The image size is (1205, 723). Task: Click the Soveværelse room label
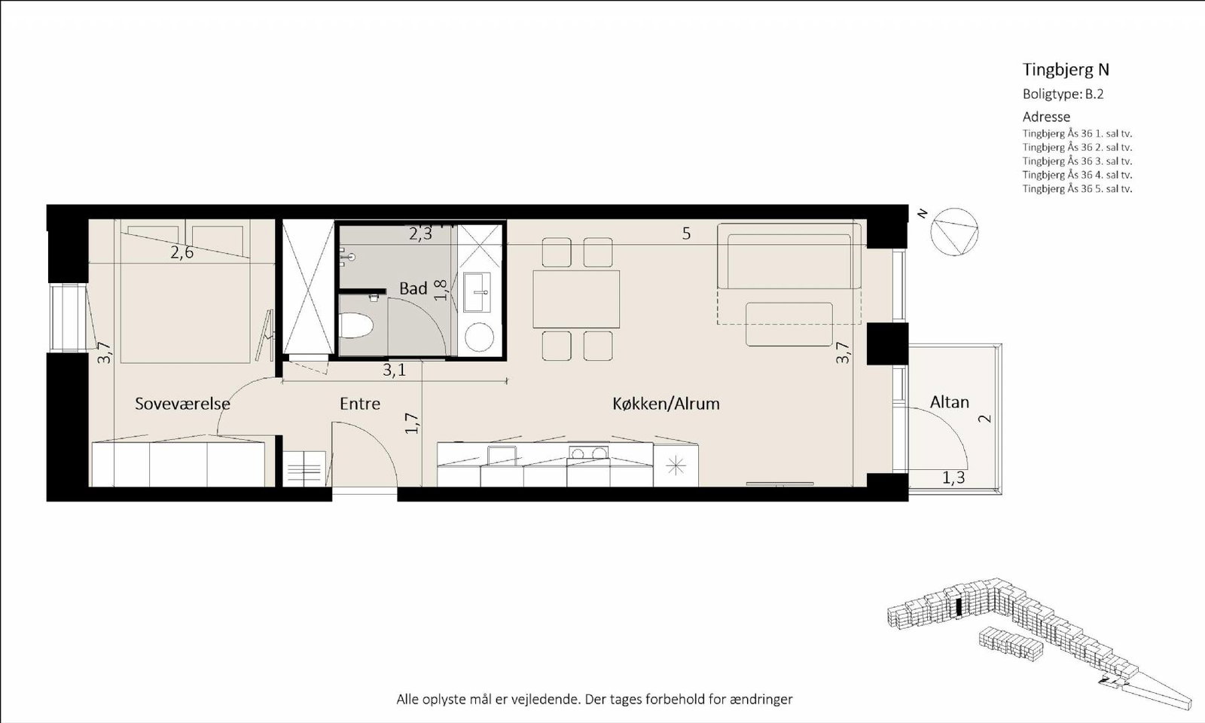point(182,404)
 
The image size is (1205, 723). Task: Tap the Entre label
point(360,404)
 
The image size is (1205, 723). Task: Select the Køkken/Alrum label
point(666,404)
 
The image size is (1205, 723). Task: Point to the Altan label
point(950,402)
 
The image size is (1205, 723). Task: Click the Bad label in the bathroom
point(413,288)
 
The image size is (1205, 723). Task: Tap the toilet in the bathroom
point(356,327)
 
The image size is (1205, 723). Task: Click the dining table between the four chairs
point(576,299)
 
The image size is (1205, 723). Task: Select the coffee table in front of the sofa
point(789,324)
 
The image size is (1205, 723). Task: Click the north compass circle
point(954,232)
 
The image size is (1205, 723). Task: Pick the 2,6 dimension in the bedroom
point(182,252)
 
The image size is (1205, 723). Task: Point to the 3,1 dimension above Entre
point(395,370)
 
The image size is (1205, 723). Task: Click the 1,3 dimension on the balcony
point(953,477)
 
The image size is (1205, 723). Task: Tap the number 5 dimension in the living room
point(686,233)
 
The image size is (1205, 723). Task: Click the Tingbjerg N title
point(1066,69)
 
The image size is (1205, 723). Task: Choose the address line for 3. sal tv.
point(1077,161)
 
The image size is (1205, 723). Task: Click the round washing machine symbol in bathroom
point(479,337)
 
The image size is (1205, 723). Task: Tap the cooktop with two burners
point(588,453)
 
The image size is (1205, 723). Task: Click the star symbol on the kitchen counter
point(676,466)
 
